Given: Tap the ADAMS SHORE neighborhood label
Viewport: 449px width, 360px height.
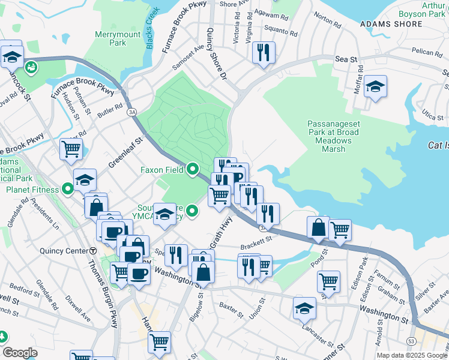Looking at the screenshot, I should pos(388,24).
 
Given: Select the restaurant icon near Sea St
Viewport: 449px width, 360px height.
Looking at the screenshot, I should pos(264,52).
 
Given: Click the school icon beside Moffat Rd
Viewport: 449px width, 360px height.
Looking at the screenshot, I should pos(375,86).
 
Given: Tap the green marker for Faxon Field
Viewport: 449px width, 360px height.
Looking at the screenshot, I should pos(193,170).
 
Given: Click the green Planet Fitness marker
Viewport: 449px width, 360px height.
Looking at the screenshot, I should pos(68,190).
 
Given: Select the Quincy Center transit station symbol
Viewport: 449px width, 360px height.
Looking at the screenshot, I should pos(93,251).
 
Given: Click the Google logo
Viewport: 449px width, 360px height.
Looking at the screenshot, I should pos(20,353).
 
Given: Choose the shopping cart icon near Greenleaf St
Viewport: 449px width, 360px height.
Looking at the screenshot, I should pos(71,148).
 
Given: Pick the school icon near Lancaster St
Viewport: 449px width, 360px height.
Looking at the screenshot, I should pos(304,308).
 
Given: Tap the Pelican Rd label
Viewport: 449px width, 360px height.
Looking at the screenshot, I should pos(427,53).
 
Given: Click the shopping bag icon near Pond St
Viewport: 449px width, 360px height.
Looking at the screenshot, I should pos(318,227).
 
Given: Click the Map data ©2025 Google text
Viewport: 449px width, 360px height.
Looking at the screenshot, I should pos(412,355).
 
